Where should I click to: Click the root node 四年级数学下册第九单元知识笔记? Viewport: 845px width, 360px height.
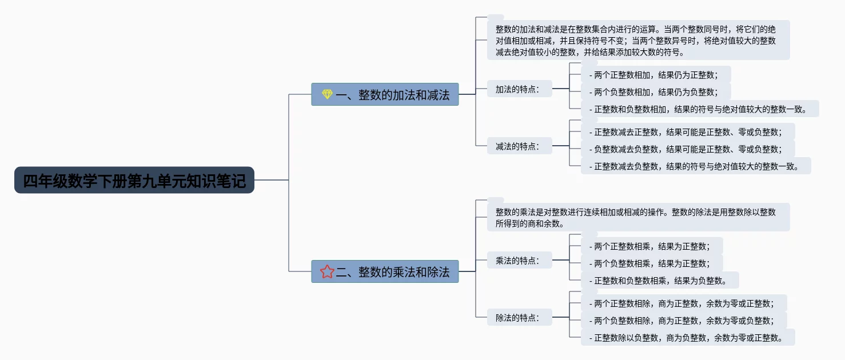134,181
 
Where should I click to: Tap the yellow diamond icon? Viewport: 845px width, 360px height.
327,95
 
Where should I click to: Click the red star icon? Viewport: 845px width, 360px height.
327,271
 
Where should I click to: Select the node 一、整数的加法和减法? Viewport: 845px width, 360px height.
392,95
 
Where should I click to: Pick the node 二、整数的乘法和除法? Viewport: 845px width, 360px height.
392,271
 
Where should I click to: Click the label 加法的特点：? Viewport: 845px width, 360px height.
517,89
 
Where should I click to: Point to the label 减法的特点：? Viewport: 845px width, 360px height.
517,146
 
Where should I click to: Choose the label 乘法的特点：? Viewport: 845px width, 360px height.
517,261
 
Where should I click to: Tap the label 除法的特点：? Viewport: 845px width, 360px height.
517,318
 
